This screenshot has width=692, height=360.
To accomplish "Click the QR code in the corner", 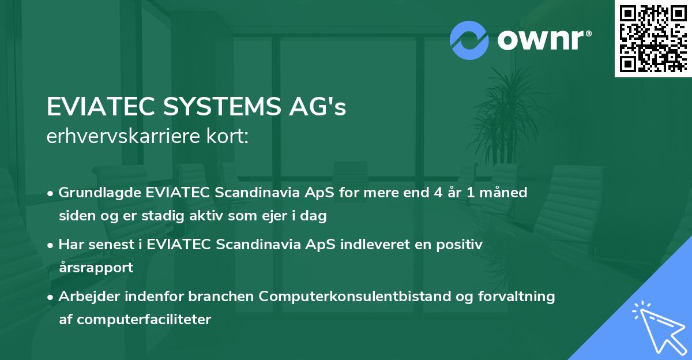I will point(653,38).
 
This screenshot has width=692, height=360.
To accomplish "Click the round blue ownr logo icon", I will point(469,40).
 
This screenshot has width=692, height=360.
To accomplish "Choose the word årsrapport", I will point(96,268).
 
